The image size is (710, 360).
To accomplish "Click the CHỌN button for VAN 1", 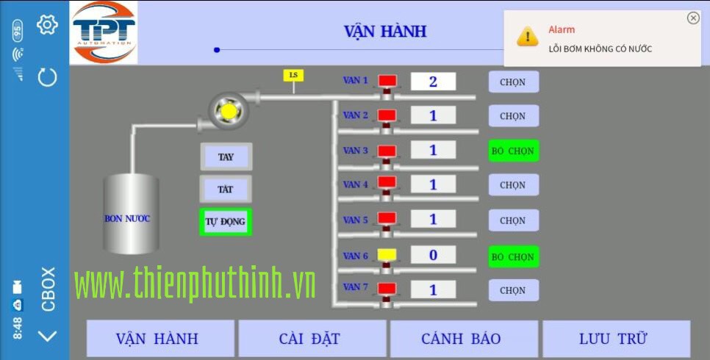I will [514, 82].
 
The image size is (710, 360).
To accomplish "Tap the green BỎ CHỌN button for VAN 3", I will [514, 151].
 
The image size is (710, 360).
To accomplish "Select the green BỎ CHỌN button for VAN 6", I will [514, 256].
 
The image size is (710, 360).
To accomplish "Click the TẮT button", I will [226, 189].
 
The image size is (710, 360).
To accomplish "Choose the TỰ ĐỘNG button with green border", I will [226, 222].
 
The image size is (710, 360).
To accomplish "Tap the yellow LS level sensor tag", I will [293, 75].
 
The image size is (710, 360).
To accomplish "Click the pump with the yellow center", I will [228, 111].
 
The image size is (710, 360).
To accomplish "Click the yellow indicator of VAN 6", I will [387, 254].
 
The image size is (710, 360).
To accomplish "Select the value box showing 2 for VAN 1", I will [433, 82].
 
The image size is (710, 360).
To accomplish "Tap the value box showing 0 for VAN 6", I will [433, 255].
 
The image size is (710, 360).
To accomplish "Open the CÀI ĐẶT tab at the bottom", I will [312, 339].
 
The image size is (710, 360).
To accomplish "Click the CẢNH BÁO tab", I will [462, 339].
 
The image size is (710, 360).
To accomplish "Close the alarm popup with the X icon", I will [693, 18].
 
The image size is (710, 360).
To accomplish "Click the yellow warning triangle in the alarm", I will [527, 36].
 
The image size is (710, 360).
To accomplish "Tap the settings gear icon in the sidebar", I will [47, 24].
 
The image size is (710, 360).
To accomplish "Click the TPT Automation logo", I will [104, 32].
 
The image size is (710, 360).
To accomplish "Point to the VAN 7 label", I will [356, 287].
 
